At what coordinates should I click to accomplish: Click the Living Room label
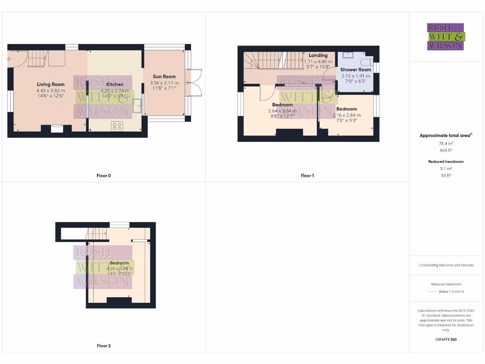pos(51,85)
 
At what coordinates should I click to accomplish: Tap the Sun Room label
pos(164,76)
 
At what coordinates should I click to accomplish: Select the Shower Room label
pos(356,70)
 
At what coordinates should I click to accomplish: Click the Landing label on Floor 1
pos(318,55)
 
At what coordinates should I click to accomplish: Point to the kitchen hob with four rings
pos(117,126)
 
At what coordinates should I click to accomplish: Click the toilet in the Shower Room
pos(367,62)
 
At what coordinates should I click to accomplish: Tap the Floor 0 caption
pos(104,176)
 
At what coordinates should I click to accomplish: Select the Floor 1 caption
pos(307,176)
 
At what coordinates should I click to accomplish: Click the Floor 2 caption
pos(104,346)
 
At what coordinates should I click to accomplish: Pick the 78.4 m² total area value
pos(445,143)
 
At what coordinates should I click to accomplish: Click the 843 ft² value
pos(445,150)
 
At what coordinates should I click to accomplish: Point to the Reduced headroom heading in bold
pos(445,162)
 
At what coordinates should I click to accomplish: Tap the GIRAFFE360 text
pos(445,339)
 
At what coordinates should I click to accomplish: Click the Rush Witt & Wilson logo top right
pos(446,37)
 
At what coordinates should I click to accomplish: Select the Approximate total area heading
pos(445,136)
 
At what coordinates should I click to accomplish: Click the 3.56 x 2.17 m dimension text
pos(164,83)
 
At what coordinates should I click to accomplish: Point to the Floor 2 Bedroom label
pos(119,263)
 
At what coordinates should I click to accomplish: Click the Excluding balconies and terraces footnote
pos(446,265)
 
